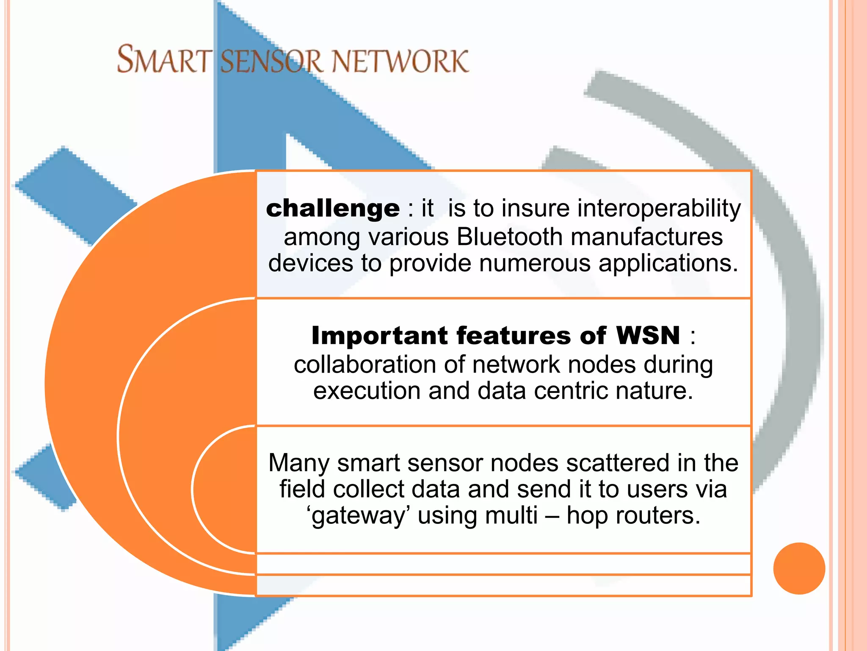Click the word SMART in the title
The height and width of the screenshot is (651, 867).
point(164,60)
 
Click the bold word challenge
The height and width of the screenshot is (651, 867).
point(333,209)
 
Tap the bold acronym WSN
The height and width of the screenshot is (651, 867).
point(648,336)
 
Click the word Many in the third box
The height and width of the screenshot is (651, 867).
point(298,462)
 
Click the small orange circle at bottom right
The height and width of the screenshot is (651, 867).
point(799,568)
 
